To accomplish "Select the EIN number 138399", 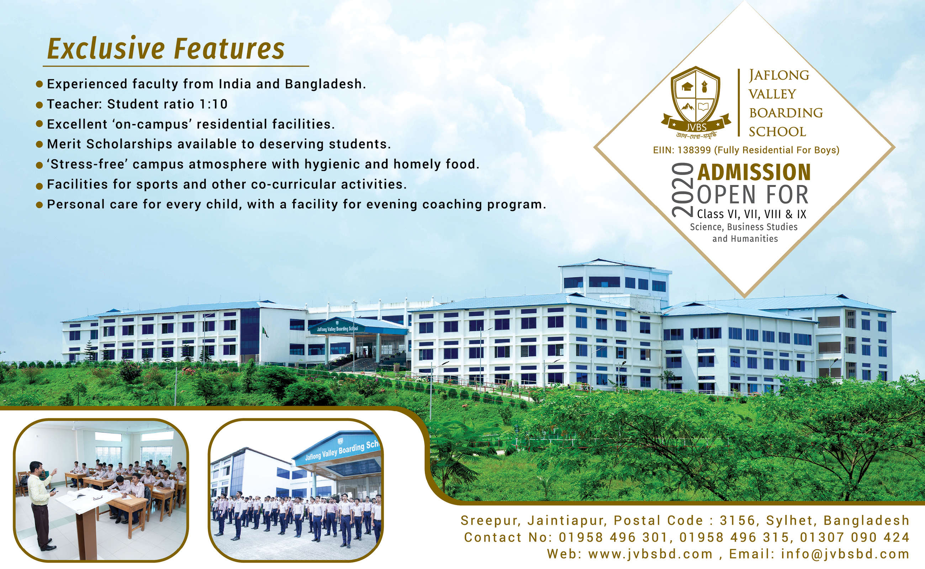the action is coord(694,150).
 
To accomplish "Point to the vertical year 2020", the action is coord(682,190).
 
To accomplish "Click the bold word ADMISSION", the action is coord(754,172).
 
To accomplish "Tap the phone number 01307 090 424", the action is coord(855,537).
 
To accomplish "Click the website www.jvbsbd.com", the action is coord(650,554).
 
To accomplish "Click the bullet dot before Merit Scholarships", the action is coord(39,144).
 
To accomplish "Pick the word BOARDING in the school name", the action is coord(785,112).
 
